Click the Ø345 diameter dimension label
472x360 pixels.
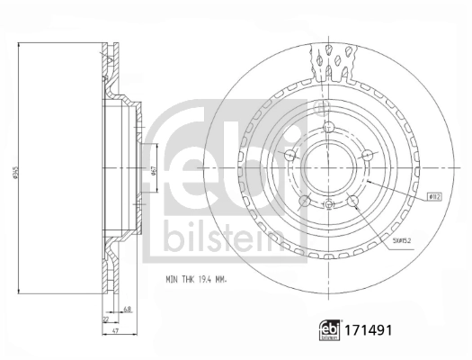point(13,173)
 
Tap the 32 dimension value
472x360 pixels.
point(106,320)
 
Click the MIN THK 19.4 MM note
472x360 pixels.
point(195,281)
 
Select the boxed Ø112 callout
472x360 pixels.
point(432,195)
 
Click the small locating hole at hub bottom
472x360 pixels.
point(329,205)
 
